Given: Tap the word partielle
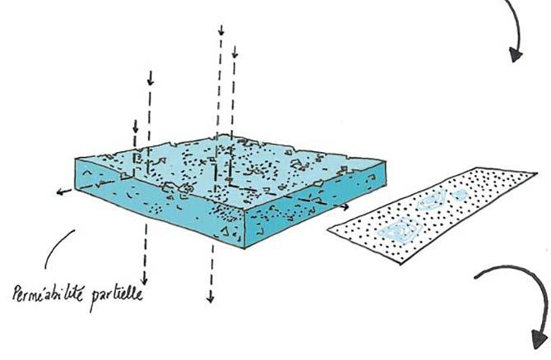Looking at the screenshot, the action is click(116, 291).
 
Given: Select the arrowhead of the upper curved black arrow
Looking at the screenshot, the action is click(516, 55).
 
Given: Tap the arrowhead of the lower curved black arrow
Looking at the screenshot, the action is click(539, 336).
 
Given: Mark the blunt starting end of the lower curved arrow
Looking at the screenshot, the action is click(477, 278).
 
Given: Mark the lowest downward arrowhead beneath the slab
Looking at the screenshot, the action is click(210, 297).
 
